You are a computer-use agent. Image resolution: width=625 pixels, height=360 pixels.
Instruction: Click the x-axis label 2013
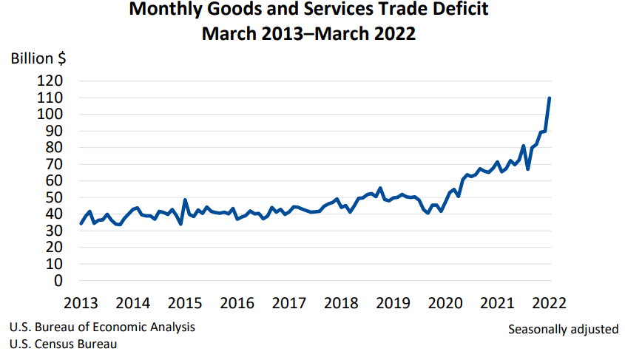pos(81,303)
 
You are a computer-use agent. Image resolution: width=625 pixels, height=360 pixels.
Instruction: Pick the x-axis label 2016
pos(237,303)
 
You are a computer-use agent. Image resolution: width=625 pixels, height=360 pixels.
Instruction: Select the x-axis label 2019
pos(393,303)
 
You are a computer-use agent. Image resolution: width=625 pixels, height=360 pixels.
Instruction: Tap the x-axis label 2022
pos(549,303)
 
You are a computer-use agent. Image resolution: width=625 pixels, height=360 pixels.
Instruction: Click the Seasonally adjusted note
pos(563,329)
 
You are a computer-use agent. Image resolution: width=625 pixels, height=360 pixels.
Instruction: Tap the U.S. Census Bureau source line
pos(63,344)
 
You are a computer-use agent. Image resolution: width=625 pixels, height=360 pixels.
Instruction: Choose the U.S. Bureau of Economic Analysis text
pos(103,327)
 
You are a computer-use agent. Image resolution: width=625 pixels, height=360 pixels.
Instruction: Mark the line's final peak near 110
pos(549,98)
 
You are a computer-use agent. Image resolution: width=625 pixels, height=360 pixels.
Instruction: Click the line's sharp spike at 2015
pos(185,200)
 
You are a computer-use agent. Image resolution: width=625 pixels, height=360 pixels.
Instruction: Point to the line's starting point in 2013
pos(81,223)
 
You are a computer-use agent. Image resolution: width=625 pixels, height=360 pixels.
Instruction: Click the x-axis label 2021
pos(497,303)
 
